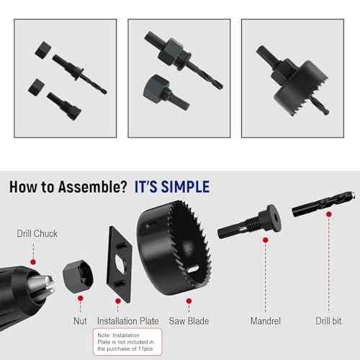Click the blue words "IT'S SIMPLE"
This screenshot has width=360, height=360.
172,187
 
